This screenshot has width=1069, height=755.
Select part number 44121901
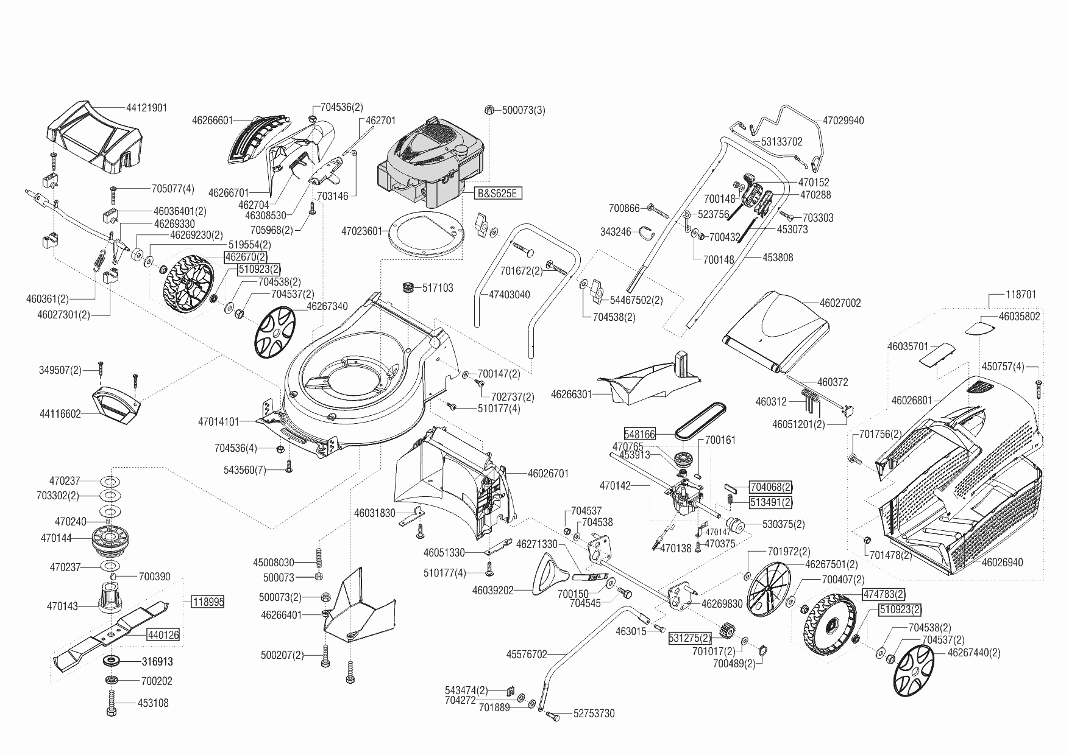[146, 108]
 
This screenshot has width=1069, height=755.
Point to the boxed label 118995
[208, 602]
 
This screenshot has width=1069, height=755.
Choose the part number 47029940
[843, 121]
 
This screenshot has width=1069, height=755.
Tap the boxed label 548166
[640, 434]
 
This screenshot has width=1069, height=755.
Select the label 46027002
[840, 303]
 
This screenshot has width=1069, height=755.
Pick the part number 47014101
[219, 421]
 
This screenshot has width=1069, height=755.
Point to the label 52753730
[594, 714]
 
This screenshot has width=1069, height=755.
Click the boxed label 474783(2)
[884, 594]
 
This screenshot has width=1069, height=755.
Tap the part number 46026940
[1002, 563]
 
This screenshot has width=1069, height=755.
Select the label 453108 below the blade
[153, 703]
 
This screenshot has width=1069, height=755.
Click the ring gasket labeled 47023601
[425, 232]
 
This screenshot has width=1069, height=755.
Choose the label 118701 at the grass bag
[1021, 295]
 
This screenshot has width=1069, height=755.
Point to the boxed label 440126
[163, 635]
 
